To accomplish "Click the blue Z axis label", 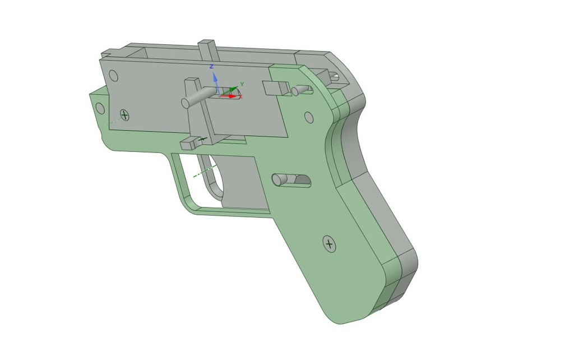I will [x=211, y=67].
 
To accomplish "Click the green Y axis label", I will [x=242, y=84].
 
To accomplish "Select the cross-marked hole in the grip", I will [x=329, y=244].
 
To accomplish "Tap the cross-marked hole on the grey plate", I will [x=124, y=116].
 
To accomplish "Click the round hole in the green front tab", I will [x=100, y=108].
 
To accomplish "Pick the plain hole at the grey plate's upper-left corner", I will [x=113, y=76].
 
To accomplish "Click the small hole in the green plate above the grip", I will [x=308, y=117].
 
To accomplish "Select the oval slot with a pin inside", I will [x=291, y=180].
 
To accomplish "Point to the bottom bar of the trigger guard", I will [x=230, y=212].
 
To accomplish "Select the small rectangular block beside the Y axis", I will [x=274, y=87].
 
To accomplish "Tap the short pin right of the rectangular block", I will [x=301, y=90].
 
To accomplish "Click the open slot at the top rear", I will [x=334, y=76].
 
